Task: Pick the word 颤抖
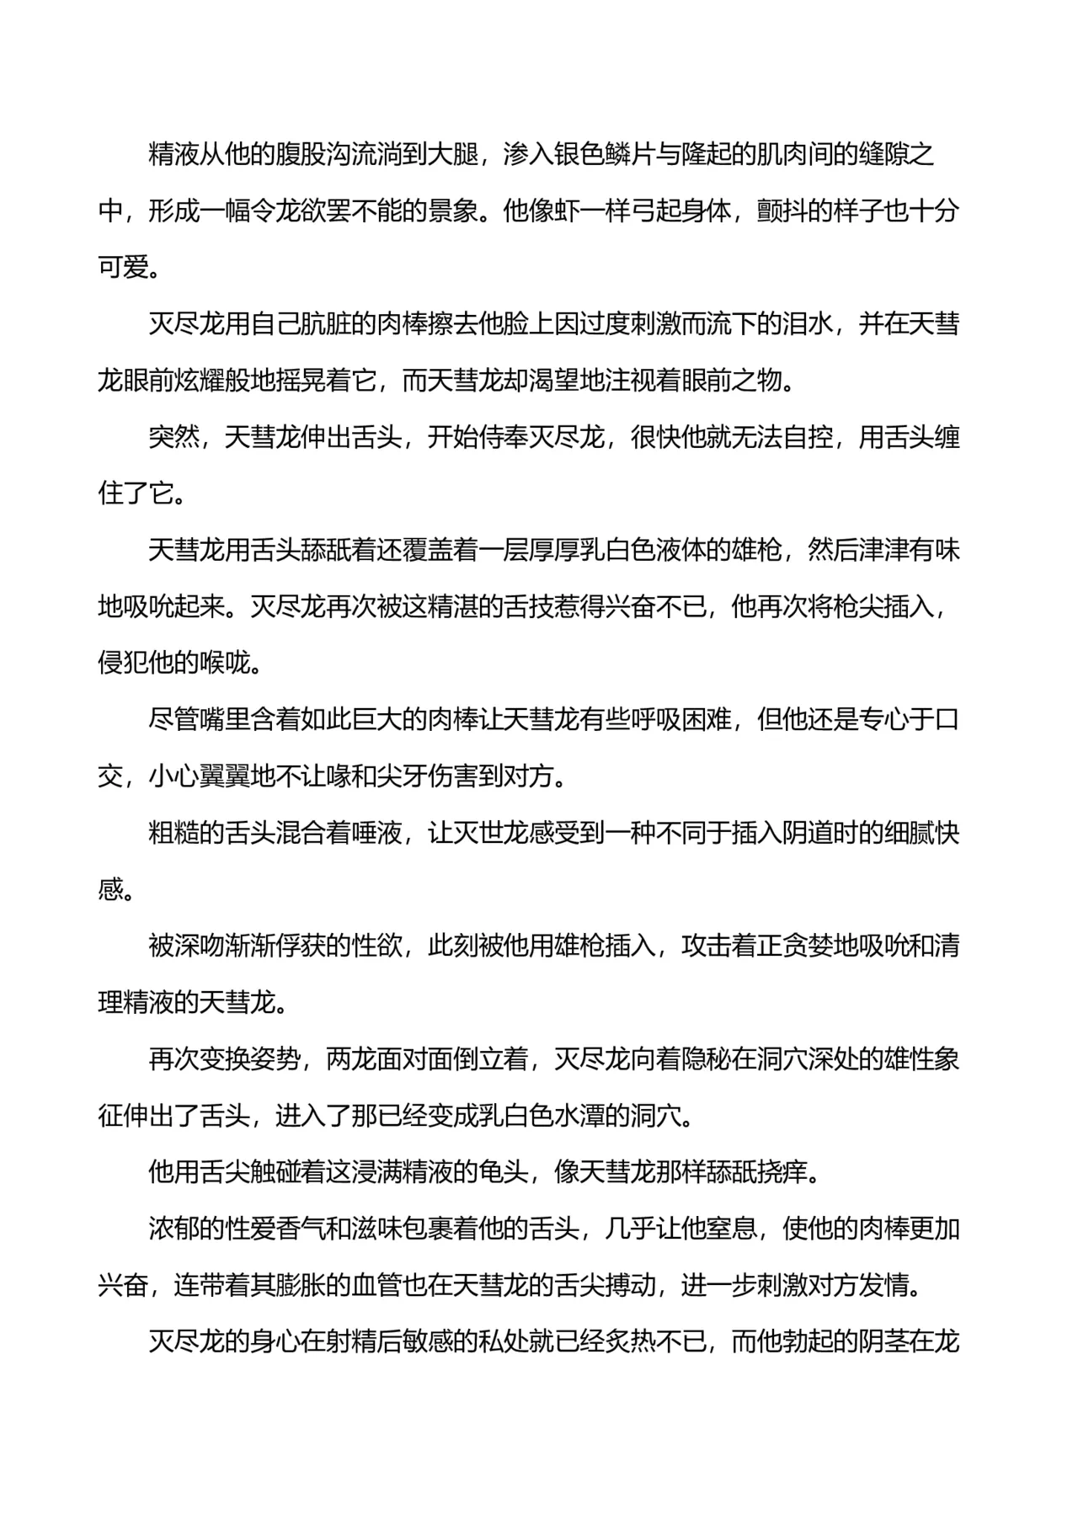tap(782, 211)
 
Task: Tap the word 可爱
tap(124, 267)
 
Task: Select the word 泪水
tap(808, 323)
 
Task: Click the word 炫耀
tap(200, 381)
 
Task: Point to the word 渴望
tap(553, 381)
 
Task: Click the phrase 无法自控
tap(782, 437)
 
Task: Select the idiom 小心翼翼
tap(200, 776)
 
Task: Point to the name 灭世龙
tap(492, 833)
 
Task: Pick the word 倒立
tap(478, 1058)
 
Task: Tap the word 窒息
tap(731, 1229)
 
